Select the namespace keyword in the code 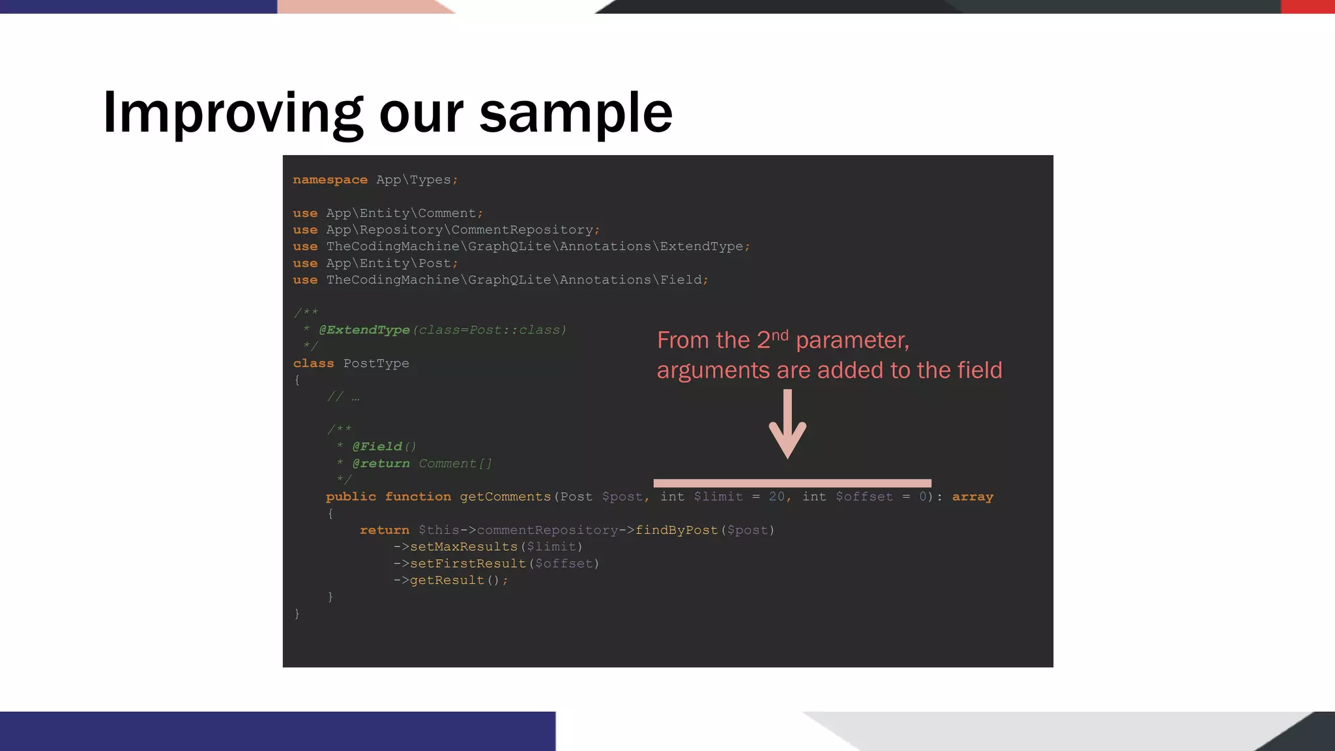click(x=330, y=180)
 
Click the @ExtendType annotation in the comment click(x=364, y=330)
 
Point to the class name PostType click(x=376, y=364)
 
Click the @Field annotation click(x=377, y=447)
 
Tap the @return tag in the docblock click(x=381, y=464)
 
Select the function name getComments click(x=505, y=497)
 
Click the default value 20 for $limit click(x=776, y=497)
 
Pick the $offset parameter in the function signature click(x=864, y=497)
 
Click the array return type click(x=973, y=497)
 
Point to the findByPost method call click(x=677, y=530)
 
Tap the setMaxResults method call click(x=463, y=547)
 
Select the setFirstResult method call click(x=467, y=564)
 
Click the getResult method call click(x=447, y=580)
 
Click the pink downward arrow click(x=787, y=424)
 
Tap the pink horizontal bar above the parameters click(x=792, y=483)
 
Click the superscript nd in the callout click(x=780, y=335)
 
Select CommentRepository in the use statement click(x=522, y=230)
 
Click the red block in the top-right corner click(x=1308, y=7)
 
